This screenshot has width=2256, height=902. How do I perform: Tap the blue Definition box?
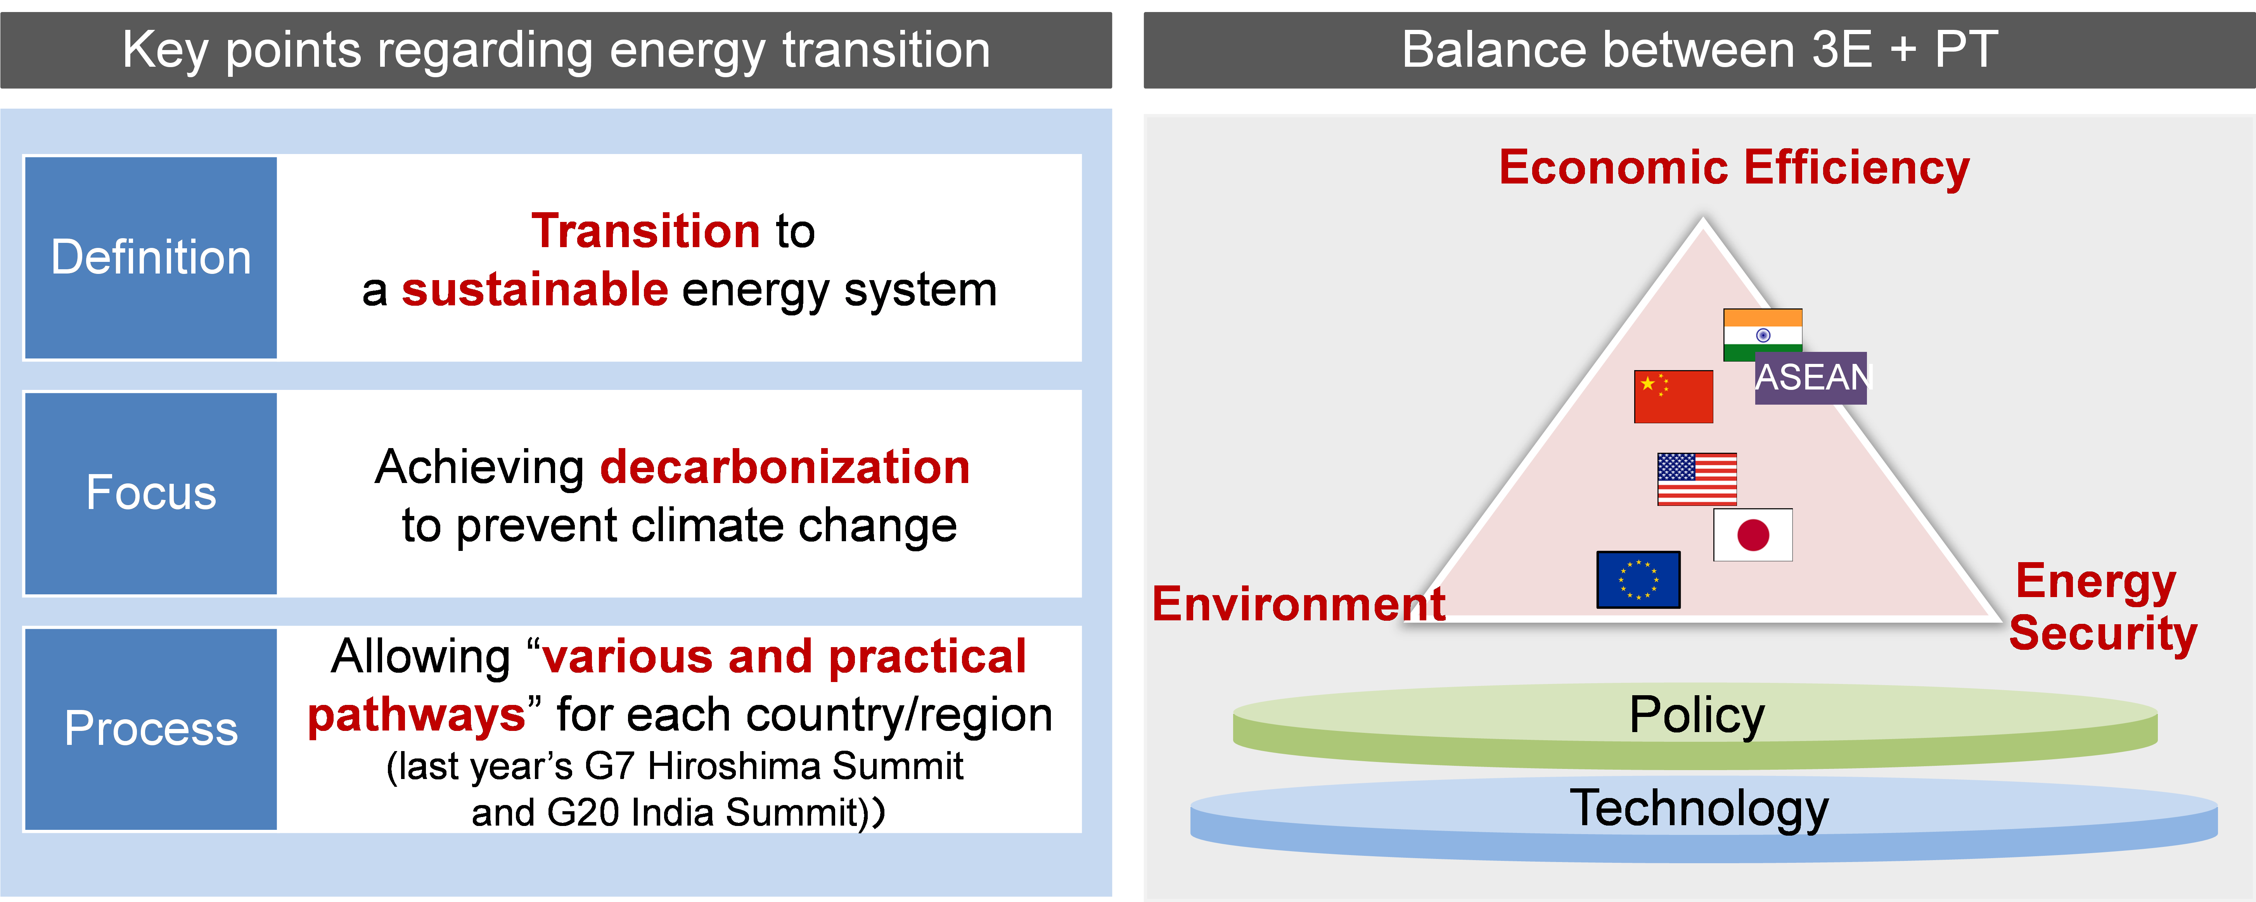(151, 258)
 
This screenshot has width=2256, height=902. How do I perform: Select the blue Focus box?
(151, 493)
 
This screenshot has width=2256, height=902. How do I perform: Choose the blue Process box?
(151, 729)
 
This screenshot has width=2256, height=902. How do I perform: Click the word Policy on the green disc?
(1696, 715)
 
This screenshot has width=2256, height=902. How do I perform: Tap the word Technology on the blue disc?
(1699, 808)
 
